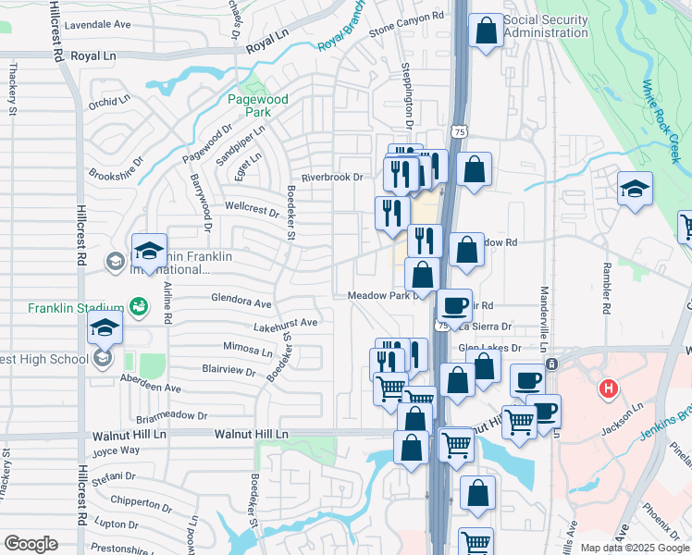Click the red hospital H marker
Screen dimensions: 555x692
pos(608,387)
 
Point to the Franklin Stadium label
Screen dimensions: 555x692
pos(76,308)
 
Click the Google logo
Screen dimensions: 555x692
pos(31,543)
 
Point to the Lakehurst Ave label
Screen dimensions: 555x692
pos(286,324)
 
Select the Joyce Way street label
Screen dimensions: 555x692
pos(116,450)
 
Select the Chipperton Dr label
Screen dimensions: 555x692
pos(135,501)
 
